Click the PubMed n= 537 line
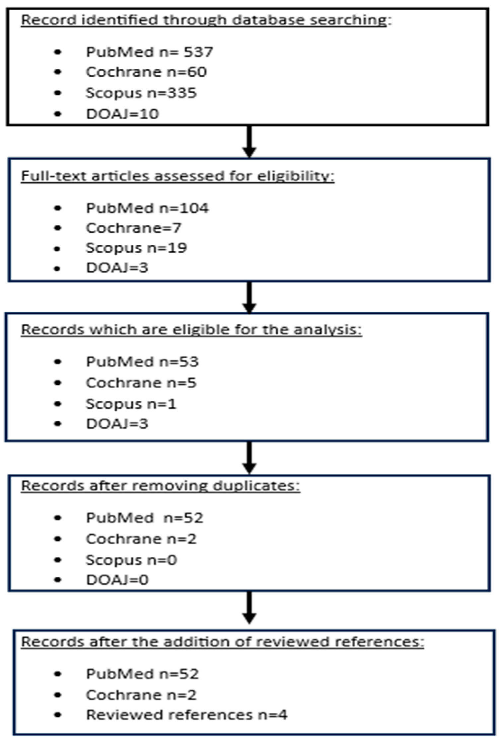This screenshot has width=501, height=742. coord(149,52)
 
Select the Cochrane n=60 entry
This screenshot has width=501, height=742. coord(146,72)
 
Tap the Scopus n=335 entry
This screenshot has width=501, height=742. coord(141,93)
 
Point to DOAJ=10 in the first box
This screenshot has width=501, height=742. coord(122,114)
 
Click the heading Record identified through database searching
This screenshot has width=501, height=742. coord(206,20)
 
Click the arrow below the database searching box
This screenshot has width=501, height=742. coord(249,141)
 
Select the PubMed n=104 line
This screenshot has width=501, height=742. coord(147,208)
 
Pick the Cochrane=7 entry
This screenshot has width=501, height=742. coord(133,228)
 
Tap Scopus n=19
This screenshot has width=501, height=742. coord(136,248)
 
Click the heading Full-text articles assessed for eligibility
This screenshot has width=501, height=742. coord(178,176)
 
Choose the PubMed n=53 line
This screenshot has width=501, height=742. coord(142,362)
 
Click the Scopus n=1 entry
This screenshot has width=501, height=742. coord(131,404)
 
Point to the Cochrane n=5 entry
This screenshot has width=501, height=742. coord(141,383)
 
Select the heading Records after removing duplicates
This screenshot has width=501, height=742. coord(160,486)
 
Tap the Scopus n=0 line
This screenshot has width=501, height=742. coord(131,560)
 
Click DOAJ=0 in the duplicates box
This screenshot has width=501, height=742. coord(117,580)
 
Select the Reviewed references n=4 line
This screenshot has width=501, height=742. coord(186,715)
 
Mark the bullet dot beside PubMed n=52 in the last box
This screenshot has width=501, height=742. coord(58,674)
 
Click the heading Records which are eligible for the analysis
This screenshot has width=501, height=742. coord(191,330)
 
